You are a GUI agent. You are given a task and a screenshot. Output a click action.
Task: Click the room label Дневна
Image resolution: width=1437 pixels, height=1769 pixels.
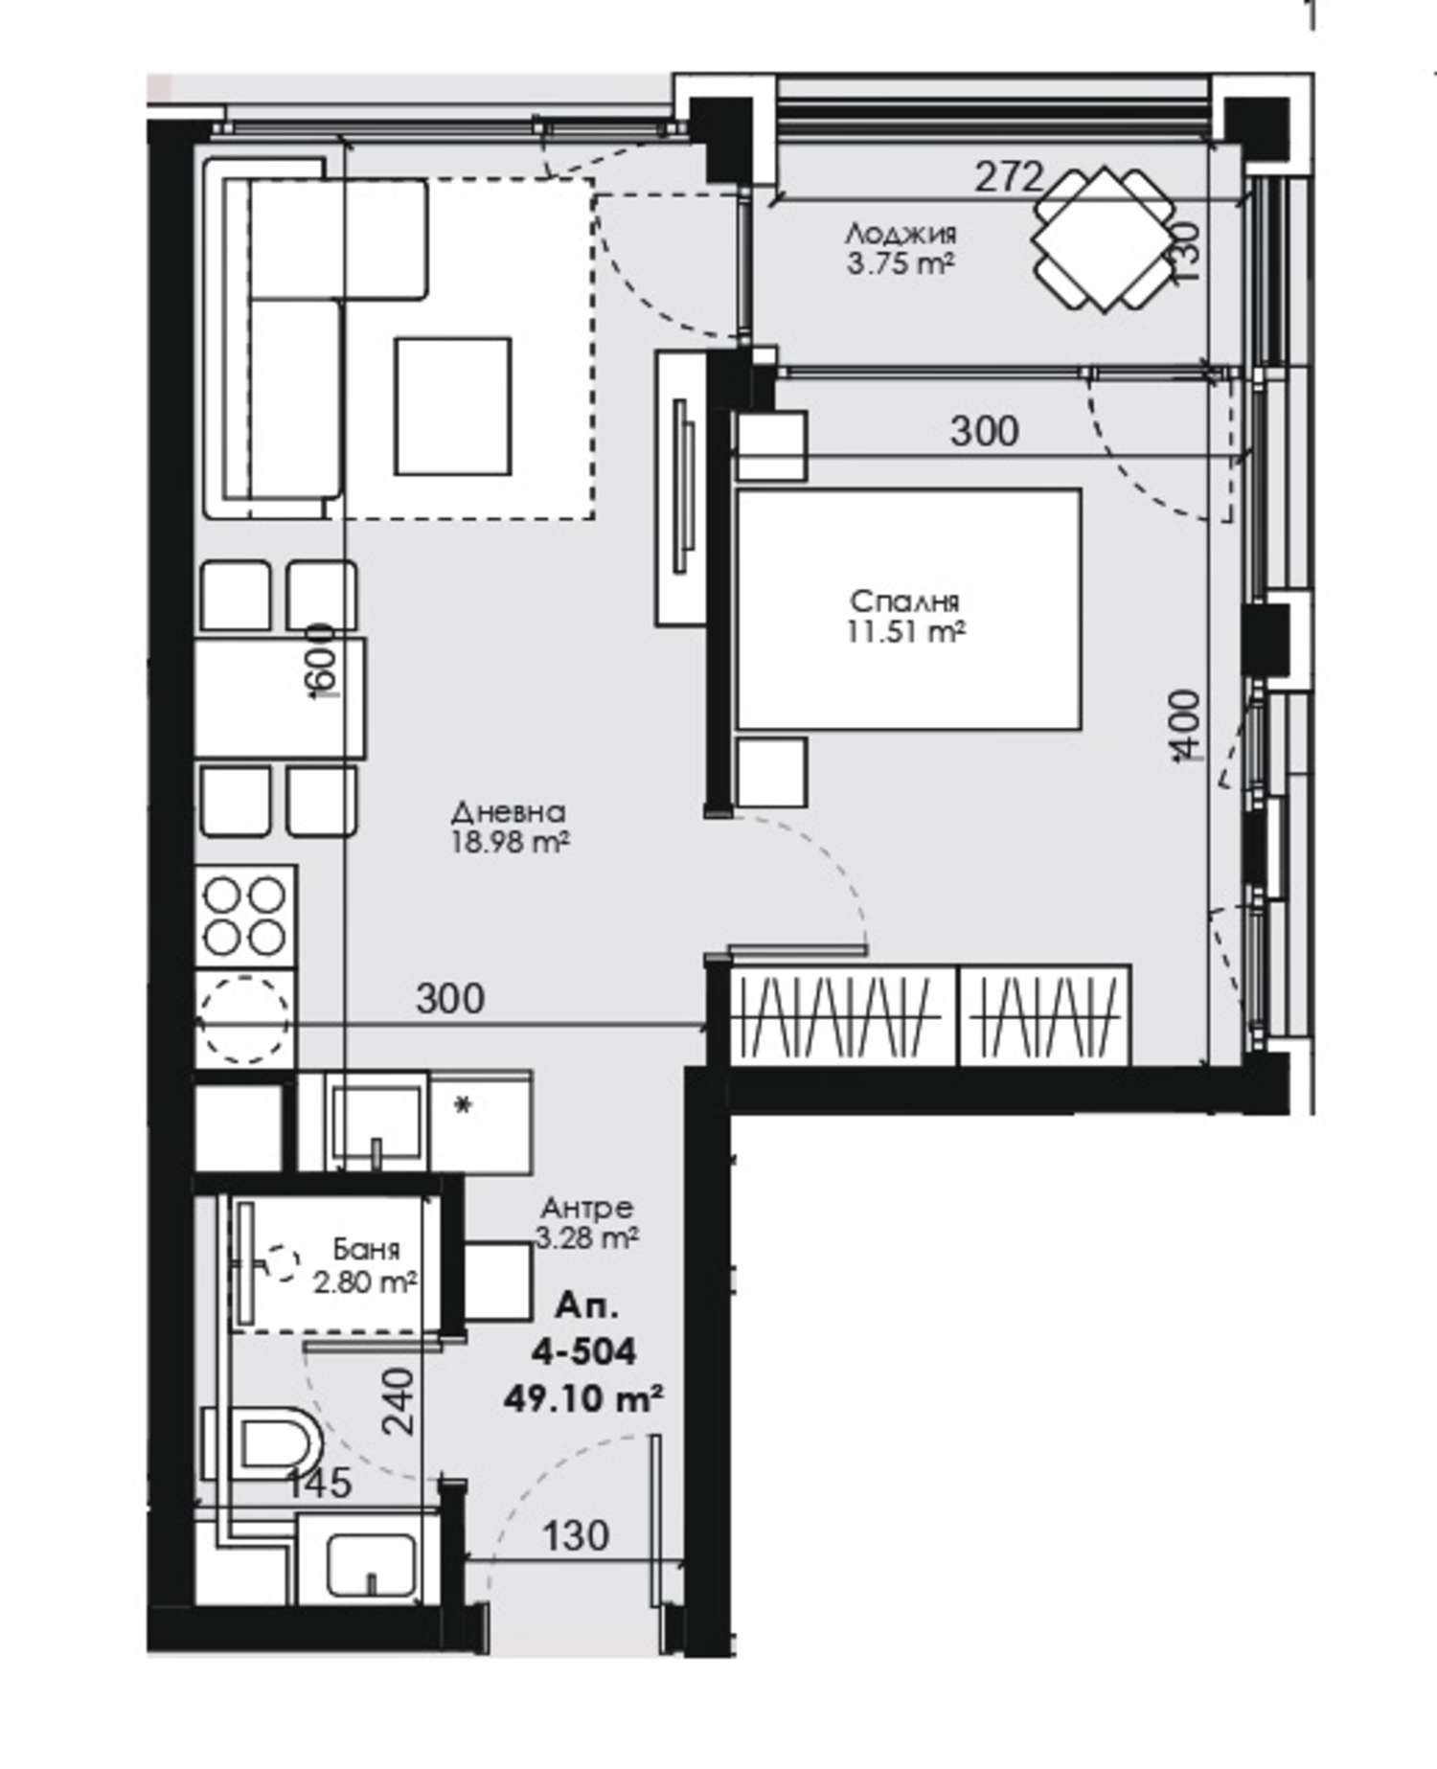coord(509,812)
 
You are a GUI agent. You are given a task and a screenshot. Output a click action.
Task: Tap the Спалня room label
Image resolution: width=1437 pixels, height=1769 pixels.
coord(904,601)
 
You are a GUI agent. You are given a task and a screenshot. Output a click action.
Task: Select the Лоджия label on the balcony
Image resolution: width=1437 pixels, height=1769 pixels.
coord(901,233)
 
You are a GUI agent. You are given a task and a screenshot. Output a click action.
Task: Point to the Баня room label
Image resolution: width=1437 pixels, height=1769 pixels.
coord(366,1249)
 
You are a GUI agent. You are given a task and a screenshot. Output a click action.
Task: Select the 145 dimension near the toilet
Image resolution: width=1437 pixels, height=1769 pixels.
coord(320,1484)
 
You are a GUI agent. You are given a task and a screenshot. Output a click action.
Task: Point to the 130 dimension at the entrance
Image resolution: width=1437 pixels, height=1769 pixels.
coord(576,1536)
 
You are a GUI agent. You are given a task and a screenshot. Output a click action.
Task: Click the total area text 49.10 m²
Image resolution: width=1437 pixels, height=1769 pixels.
coord(584,1399)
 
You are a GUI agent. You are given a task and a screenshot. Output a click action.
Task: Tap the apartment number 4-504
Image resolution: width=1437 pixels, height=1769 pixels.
coord(584,1351)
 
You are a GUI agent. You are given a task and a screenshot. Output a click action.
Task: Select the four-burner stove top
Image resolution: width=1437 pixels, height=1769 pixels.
coord(246,917)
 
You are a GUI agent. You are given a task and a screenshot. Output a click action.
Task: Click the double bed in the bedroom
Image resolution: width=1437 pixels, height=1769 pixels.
coord(908,609)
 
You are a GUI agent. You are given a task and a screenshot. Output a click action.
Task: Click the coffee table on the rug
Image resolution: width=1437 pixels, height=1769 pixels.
coord(453,406)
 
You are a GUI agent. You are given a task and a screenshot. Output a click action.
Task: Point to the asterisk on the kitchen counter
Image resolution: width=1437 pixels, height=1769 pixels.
coord(463,1107)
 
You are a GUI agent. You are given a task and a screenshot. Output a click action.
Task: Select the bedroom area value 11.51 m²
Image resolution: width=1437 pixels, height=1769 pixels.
coord(905,632)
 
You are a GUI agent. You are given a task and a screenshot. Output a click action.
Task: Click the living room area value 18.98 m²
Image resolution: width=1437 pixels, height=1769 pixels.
coord(510,843)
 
